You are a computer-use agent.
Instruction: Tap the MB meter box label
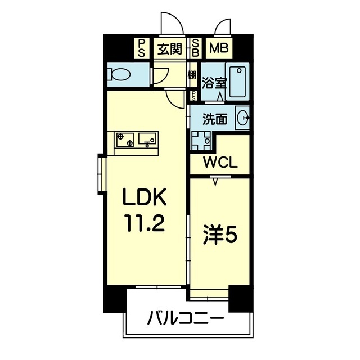click(x=218, y=49)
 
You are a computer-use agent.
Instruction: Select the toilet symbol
click(x=120, y=74)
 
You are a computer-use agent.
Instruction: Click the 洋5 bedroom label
click(x=220, y=232)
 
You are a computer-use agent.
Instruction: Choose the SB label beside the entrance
click(x=196, y=49)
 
